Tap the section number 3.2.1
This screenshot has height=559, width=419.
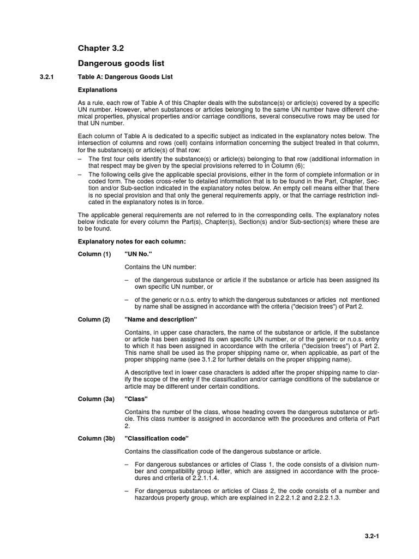[x=49, y=77]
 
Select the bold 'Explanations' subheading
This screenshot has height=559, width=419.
[x=98, y=90]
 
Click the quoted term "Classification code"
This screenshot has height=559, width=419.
[x=157, y=438]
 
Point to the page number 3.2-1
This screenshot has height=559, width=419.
[x=372, y=536]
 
